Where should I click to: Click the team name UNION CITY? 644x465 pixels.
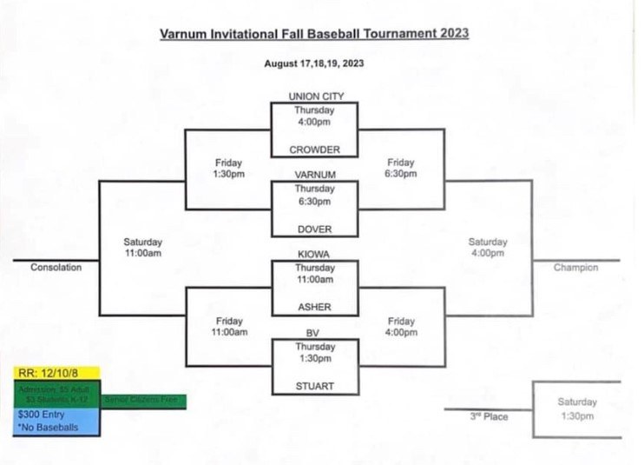314,96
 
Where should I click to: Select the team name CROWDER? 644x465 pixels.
314,149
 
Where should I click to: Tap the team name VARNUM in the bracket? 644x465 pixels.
314,175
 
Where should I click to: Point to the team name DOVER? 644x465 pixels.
314,229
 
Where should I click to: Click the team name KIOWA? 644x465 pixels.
314,254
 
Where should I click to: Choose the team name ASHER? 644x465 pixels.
314,307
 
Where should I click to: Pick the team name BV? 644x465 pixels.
314,333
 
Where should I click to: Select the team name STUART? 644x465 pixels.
314,386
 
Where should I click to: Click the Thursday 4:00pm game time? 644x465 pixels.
314,116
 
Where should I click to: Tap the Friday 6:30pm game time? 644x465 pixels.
401,169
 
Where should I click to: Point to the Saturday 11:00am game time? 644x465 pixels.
143,248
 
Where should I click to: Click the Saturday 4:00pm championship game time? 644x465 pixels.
488,248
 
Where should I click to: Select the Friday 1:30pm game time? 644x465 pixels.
229,169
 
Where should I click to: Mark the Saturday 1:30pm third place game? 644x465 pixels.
577,409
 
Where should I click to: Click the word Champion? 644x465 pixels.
575,268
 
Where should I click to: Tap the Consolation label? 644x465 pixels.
56,268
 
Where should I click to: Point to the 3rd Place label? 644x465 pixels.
490,417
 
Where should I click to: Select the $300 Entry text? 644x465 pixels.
37,415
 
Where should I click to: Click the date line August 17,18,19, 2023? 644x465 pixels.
314,63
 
